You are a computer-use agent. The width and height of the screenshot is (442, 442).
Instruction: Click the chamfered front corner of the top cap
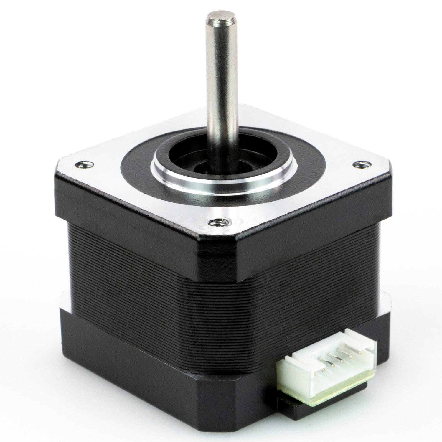click(x=217, y=250)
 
